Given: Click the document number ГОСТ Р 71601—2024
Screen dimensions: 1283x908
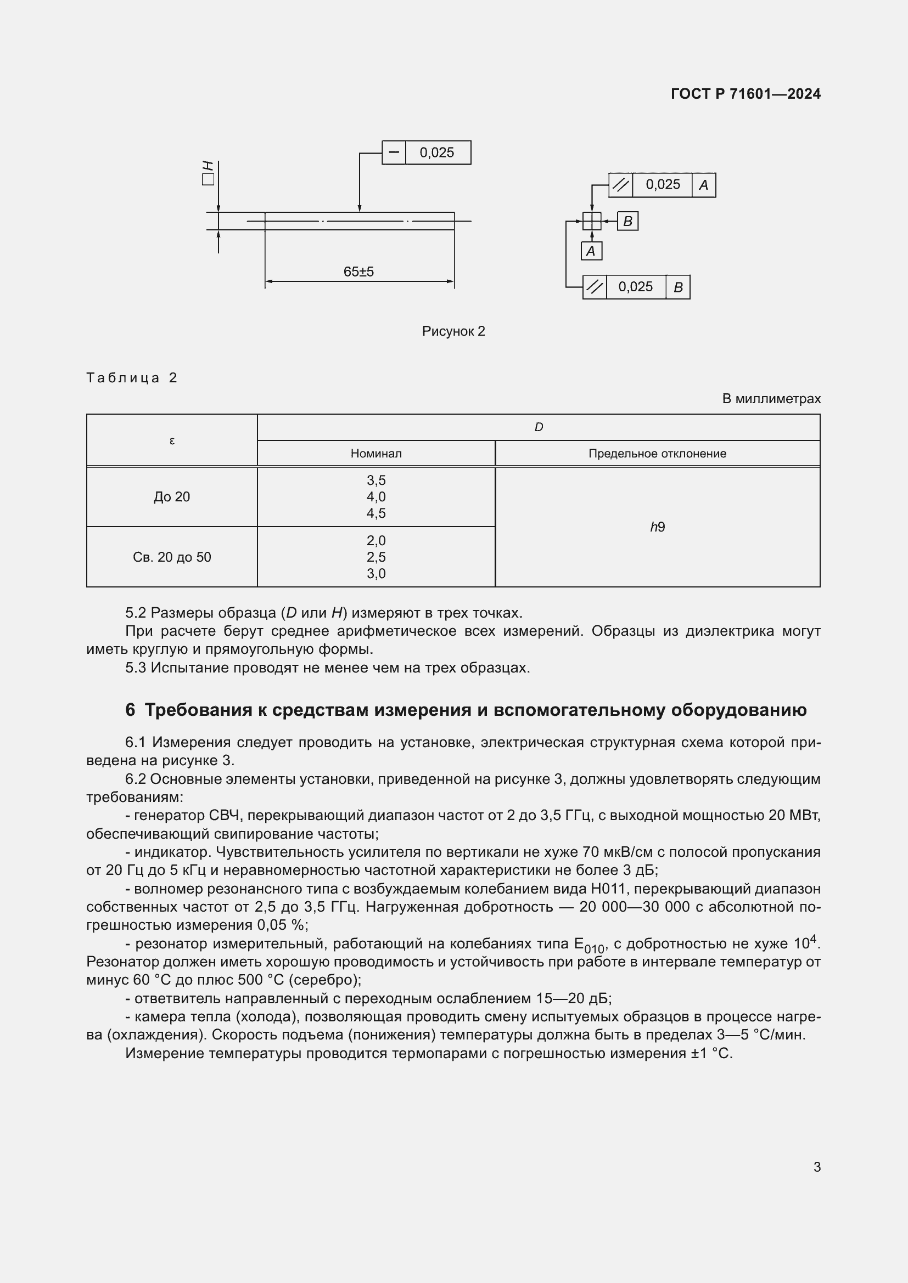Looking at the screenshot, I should [746, 94].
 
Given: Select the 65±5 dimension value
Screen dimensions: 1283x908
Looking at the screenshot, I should [358, 272].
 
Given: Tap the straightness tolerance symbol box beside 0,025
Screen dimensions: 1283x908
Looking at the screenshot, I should [394, 152].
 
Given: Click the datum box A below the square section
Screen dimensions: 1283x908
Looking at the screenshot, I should [591, 251].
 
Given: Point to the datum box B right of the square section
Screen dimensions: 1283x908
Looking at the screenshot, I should [627, 221].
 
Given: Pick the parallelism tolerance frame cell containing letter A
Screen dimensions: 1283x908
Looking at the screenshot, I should [703, 185].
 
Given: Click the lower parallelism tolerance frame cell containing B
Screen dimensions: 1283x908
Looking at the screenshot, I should [677, 287].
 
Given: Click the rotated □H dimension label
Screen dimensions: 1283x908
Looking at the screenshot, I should [208, 172].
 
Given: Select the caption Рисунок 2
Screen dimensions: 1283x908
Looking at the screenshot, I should [453, 331].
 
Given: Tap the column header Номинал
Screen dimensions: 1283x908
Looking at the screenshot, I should [375, 454].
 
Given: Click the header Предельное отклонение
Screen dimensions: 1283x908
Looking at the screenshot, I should [657, 454].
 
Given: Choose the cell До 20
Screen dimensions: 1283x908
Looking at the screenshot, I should [172, 497].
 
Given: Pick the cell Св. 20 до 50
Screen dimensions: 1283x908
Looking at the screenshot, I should [172, 557].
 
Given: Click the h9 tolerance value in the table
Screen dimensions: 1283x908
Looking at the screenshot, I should [657, 527].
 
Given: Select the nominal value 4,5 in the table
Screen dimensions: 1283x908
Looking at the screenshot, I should [375, 513].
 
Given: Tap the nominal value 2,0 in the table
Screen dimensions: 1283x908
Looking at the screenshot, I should [375, 540].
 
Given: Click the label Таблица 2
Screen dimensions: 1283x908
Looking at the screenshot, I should [131, 378].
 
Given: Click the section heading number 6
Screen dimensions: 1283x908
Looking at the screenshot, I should [130, 710].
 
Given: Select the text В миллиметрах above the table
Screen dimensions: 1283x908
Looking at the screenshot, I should [771, 399].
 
